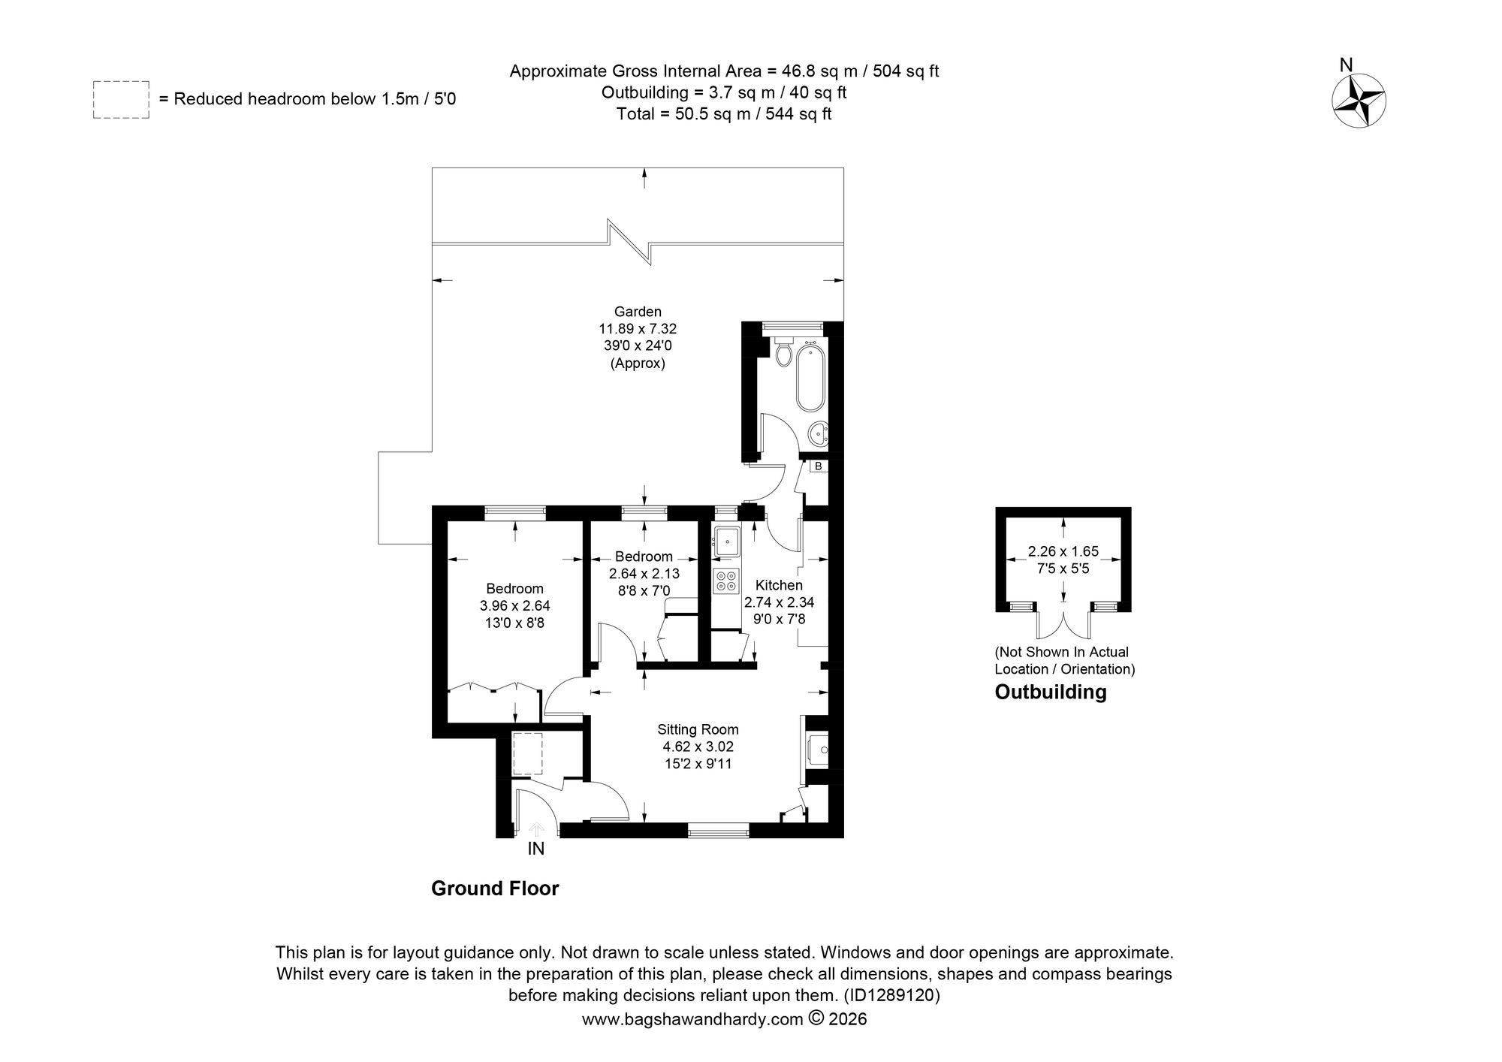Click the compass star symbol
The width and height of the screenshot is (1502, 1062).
point(1359,101)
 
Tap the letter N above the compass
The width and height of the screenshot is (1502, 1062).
point(1347,65)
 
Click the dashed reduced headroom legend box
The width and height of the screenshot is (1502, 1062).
point(121,99)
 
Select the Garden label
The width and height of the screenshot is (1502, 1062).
point(638,311)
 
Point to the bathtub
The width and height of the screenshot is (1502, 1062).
point(810,376)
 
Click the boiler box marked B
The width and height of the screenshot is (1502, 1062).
point(819,466)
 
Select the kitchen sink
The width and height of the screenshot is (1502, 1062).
point(726,542)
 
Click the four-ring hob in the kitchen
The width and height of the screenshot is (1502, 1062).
point(726,581)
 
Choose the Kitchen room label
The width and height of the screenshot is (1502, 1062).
point(779,585)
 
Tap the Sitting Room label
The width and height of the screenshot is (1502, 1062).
point(698,729)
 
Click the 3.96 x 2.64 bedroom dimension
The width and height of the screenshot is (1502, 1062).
point(514,605)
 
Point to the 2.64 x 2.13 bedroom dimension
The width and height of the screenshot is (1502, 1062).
point(644,574)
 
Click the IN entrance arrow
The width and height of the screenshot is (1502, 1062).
point(536,828)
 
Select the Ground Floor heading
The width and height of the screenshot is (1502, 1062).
point(495,889)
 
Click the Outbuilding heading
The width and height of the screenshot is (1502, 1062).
point(1051,692)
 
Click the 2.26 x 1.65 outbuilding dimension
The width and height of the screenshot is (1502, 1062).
point(1063,551)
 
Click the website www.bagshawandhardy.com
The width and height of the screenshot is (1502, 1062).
point(693,1020)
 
